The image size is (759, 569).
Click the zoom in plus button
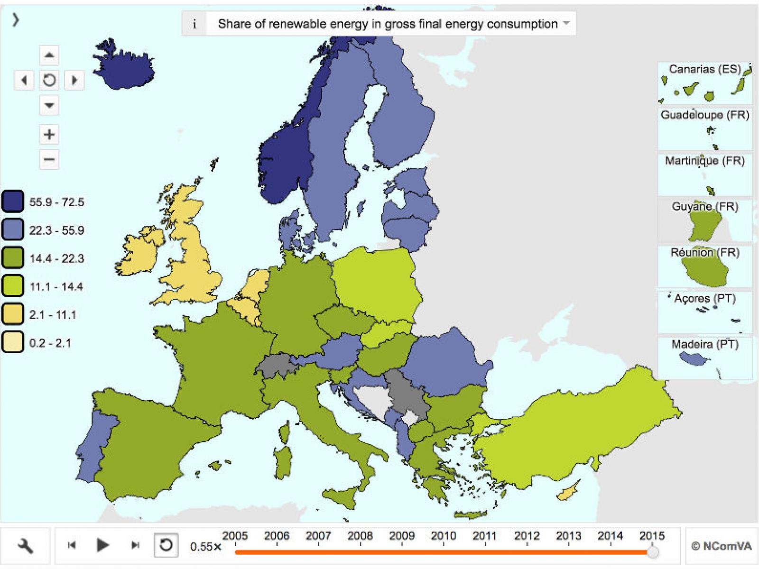(49, 135)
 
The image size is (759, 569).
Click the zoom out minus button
(49, 159)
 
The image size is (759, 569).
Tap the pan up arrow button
(49, 55)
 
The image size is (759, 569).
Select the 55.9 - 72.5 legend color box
(12, 202)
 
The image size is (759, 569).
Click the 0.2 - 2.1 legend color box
(12, 342)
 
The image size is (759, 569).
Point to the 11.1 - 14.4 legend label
(56, 287)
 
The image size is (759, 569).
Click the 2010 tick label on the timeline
(443, 536)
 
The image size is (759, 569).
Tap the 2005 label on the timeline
(235, 536)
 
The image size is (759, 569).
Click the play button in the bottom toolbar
(102, 545)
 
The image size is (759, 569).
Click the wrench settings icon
(25, 546)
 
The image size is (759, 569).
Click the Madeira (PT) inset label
(705, 344)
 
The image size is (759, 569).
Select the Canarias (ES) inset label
(704, 69)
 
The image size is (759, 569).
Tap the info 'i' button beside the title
(194, 24)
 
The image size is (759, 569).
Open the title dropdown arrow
(566, 23)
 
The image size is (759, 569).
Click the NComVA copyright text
(721, 546)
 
